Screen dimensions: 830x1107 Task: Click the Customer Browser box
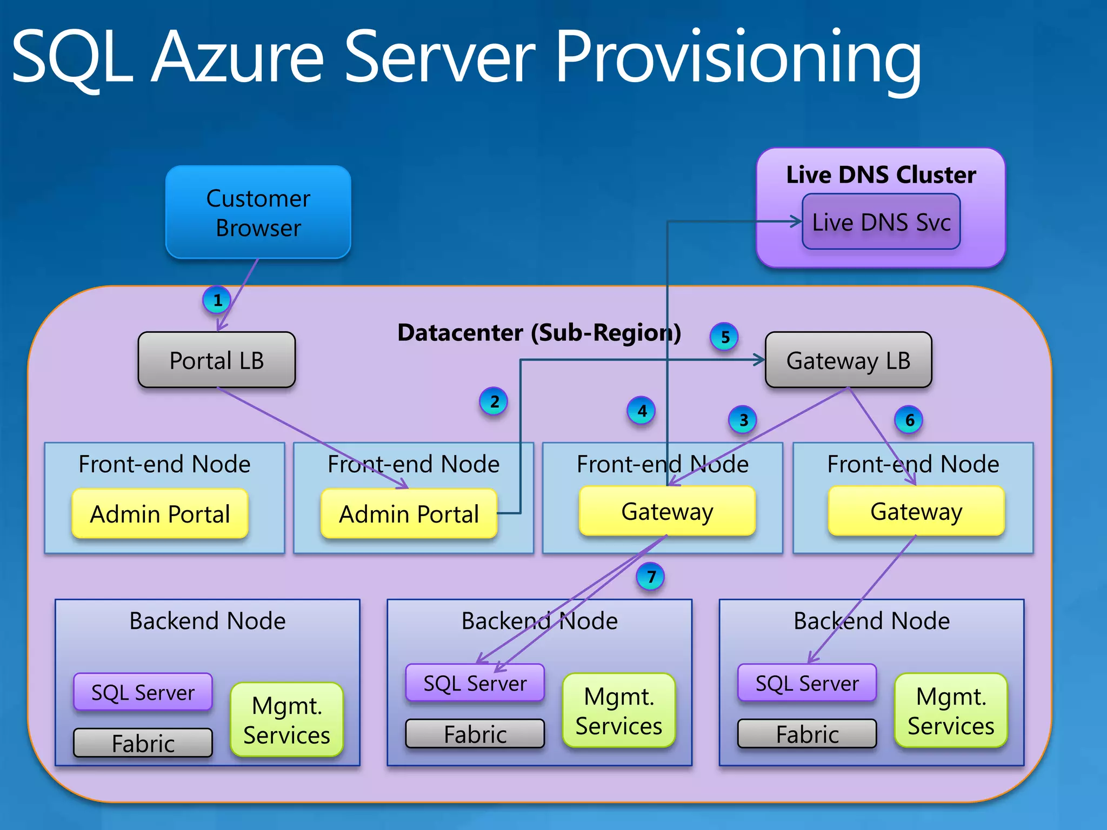coord(258,212)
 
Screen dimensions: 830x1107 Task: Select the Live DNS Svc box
coord(881,222)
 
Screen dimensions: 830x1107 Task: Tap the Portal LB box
coord(216,360)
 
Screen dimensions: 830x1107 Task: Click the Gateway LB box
coord(848,360)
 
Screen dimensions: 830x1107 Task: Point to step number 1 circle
coord(217,300)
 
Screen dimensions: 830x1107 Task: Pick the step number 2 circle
coord(494,401)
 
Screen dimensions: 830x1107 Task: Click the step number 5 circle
coord(724,337)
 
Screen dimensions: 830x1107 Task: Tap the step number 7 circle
coord(651,577)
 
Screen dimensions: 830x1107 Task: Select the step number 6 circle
coord(909,420)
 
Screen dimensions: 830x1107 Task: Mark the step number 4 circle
coord(642,411)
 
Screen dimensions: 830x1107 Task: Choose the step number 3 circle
coord(743,420)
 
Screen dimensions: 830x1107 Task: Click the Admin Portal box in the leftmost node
coord(160,513)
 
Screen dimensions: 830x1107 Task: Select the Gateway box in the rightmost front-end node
coord(916,511)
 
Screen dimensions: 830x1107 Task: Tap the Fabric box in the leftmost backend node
coord(143,743)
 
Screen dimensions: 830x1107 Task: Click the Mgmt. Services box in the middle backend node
coord(619,711)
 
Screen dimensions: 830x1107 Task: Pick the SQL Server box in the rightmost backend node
coord(807,683)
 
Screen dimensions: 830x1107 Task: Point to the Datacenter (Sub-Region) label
coord(539,332)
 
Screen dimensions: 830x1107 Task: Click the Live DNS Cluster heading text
coord(881,175)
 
